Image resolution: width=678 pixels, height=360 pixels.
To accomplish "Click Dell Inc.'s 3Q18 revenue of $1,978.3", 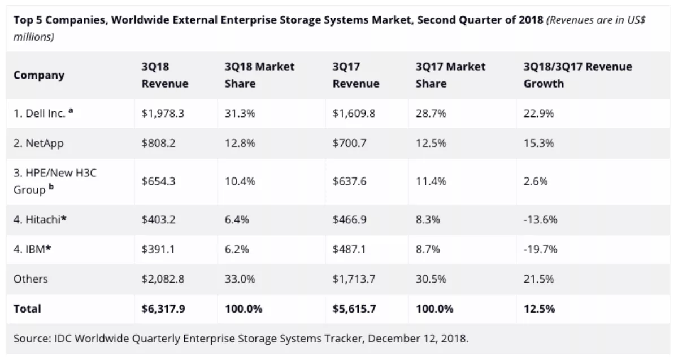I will [163, 114].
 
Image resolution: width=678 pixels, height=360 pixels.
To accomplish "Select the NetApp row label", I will [38, 144].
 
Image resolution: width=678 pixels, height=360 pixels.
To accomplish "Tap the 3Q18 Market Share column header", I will [259, 75].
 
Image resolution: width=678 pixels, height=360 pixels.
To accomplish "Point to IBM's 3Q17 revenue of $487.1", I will [350, 249].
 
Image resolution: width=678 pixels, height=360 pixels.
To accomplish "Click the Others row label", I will [31, 279].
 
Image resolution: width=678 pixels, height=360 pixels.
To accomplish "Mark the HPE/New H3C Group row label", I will [55, 181].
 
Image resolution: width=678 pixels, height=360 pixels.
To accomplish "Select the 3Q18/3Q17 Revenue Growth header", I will [578, 75].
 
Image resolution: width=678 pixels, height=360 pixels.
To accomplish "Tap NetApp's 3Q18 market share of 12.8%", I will [240, 144].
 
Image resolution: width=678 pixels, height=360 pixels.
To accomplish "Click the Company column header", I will [39, 75].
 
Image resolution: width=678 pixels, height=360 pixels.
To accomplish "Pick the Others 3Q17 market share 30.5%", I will [431, 279].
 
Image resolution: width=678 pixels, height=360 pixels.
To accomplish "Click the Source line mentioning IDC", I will [241, 340].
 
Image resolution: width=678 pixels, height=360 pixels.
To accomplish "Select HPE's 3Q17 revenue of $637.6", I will [350, 181].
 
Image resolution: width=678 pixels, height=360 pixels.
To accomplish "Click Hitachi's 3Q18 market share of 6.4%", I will [237, 219].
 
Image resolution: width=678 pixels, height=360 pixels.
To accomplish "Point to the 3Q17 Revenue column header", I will [356, 75].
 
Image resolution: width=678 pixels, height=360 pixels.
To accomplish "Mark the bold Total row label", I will [27, 309].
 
